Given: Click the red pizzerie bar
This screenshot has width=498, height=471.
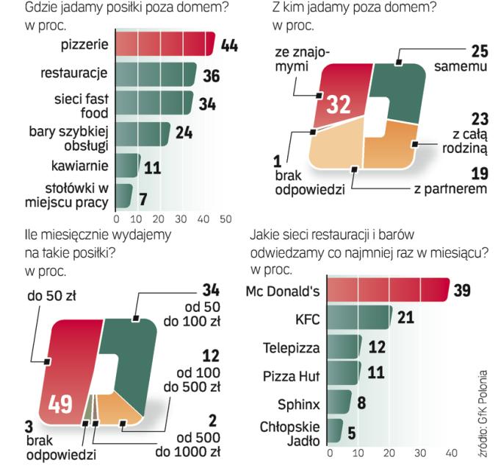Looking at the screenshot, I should [165, 44].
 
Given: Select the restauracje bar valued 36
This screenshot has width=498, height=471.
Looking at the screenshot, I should [156, 74].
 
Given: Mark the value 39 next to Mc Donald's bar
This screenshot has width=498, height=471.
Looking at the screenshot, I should [463, 291].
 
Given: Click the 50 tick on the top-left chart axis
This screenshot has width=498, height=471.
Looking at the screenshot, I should [225, 219].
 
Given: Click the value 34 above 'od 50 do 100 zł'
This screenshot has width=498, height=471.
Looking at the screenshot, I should [211, 291].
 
